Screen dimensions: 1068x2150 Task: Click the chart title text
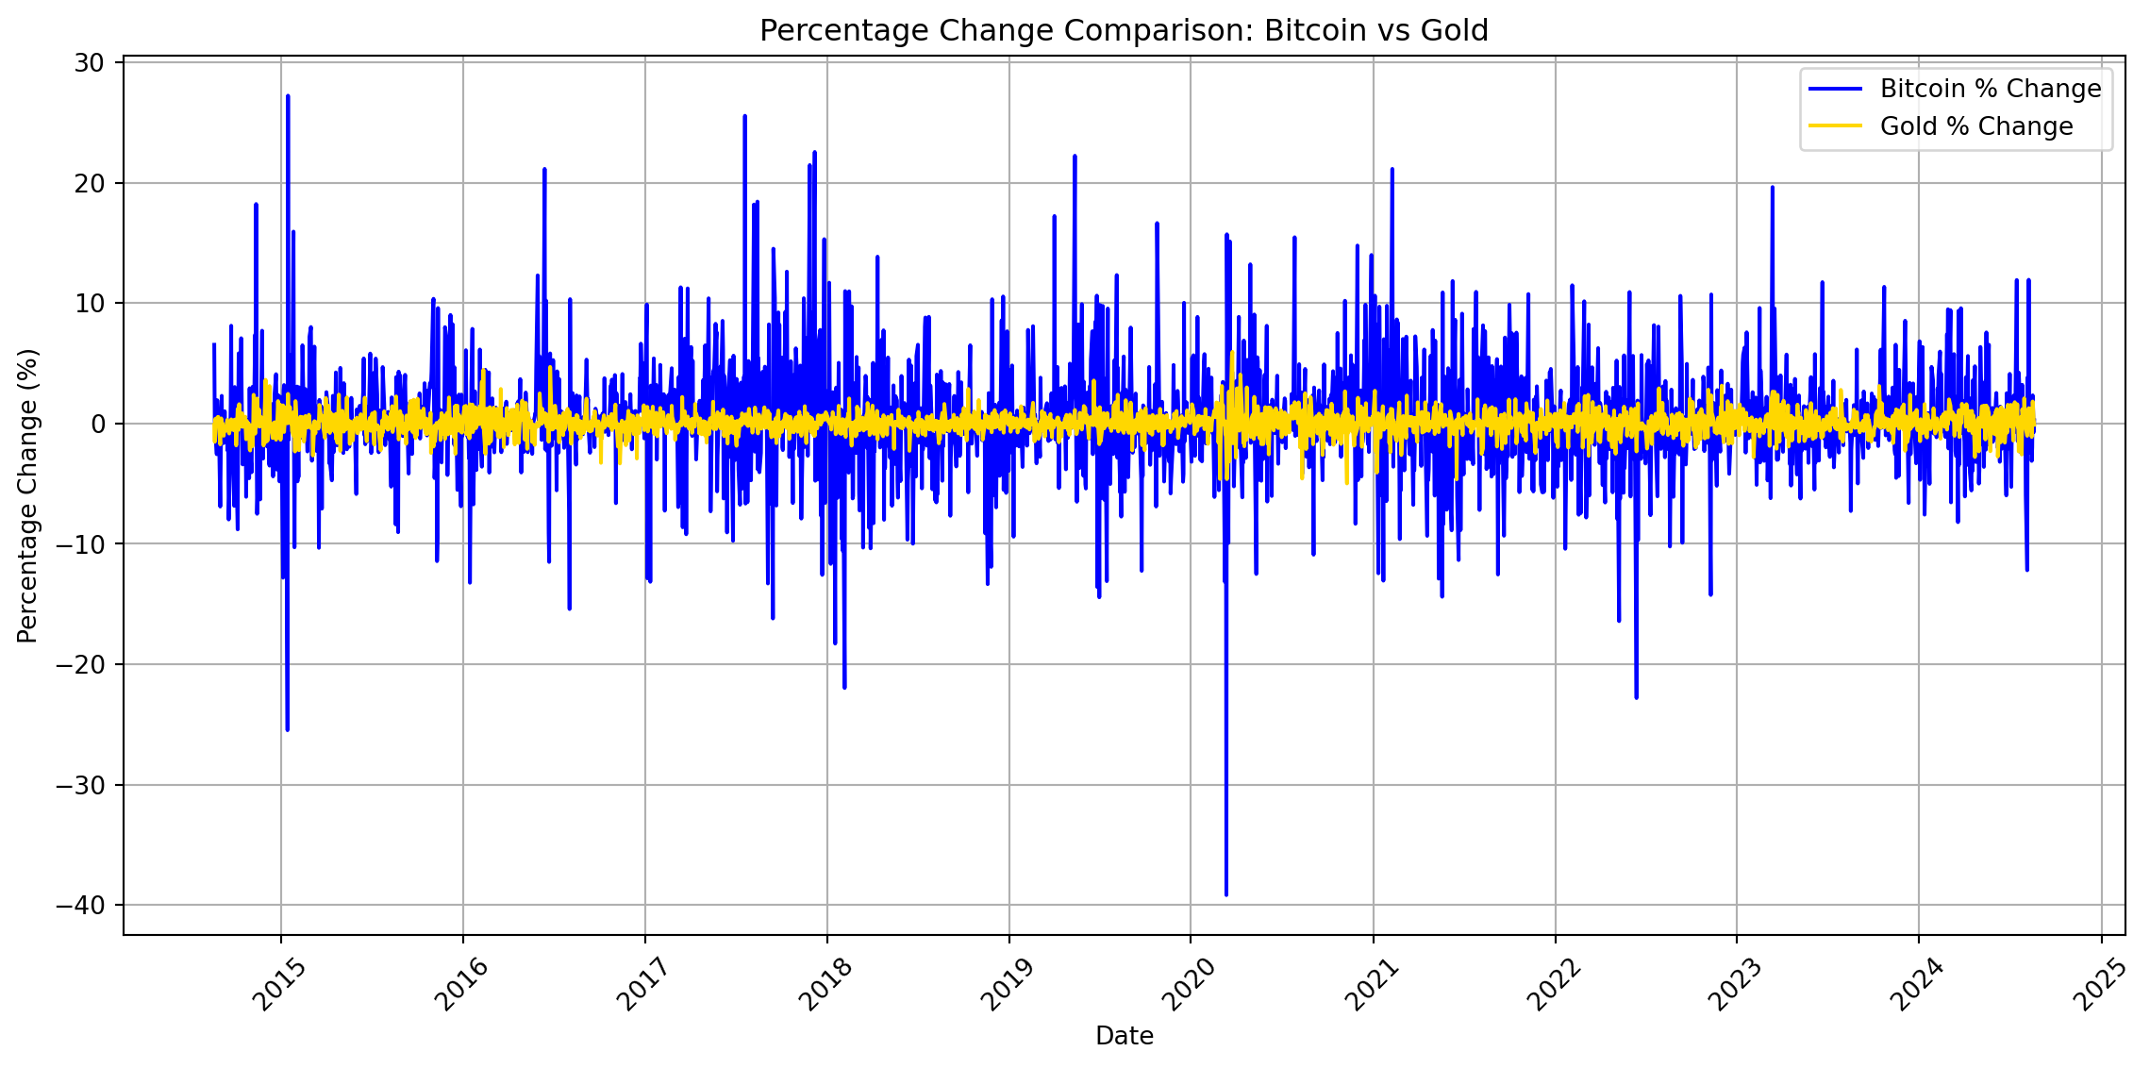1124,31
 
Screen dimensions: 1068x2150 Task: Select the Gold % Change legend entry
1976,126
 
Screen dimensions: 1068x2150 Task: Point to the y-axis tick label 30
90,63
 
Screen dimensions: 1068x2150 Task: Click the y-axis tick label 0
98,425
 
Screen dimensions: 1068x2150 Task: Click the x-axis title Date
1124,1036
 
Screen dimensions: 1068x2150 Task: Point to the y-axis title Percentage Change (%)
28,495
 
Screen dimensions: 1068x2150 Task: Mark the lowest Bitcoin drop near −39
1225,893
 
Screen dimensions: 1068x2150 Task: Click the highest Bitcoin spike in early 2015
288,96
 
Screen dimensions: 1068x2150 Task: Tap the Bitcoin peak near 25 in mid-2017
744,117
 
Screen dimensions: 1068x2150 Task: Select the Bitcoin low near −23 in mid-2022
1636,697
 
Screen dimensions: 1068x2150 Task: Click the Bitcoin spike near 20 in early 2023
1772,188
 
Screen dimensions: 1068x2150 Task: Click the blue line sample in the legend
1835,89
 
